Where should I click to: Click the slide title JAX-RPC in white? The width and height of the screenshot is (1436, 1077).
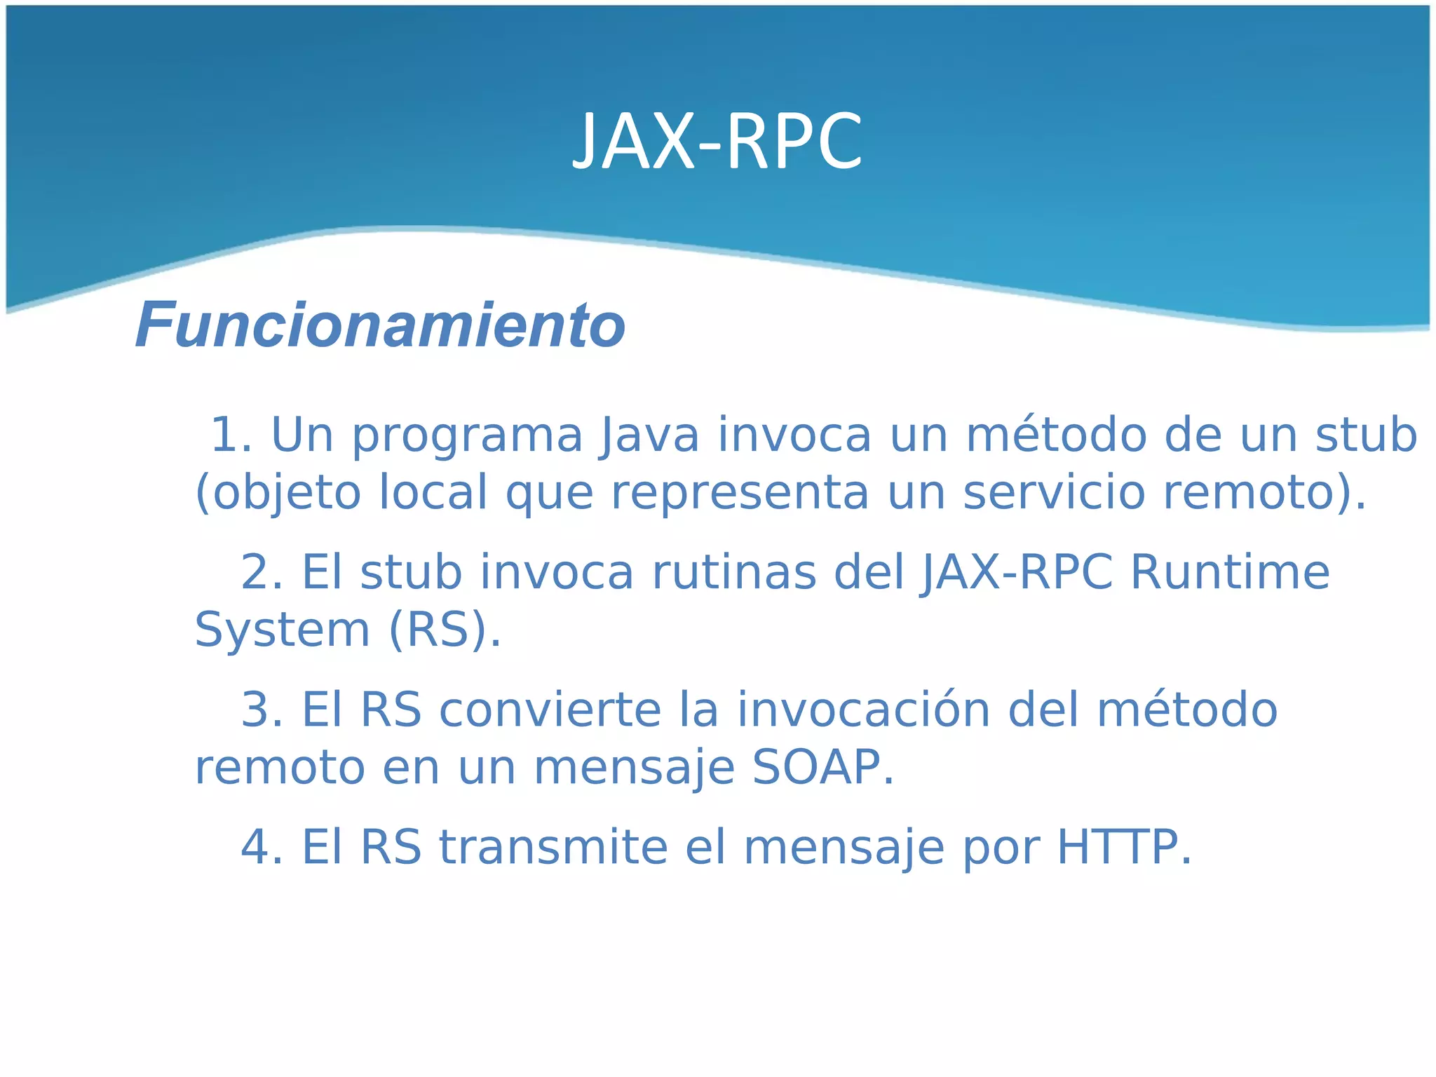[717, 142]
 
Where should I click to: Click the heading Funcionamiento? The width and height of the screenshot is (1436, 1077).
[380, 325]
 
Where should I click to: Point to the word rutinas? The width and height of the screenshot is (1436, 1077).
[734, 572]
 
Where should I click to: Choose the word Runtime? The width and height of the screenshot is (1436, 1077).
[1230, 572]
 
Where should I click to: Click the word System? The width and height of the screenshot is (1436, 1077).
[282, 630]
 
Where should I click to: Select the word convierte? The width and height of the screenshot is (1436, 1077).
[550, 710]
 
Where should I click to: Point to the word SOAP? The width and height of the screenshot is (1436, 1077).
[816, 767]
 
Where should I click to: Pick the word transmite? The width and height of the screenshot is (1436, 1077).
[553, 847]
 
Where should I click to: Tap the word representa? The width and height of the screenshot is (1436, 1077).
[740, 494]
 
